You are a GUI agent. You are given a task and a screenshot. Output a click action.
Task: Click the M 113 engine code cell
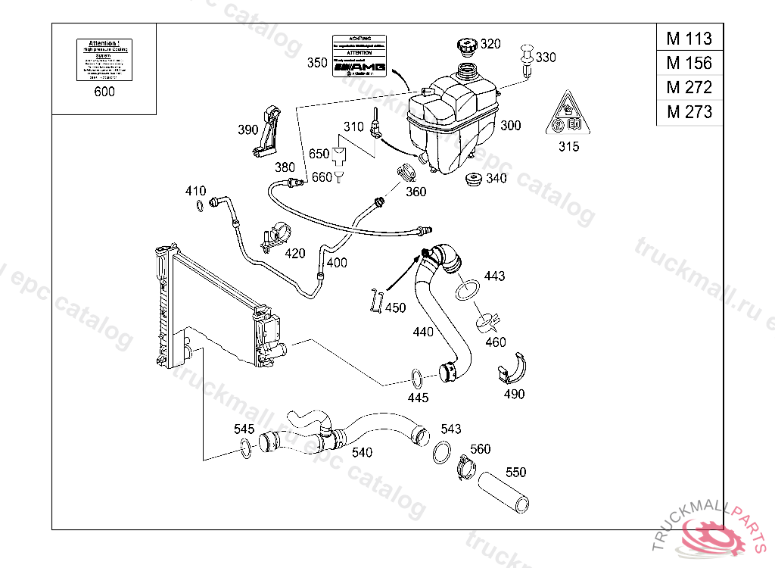click(x=689, y=38)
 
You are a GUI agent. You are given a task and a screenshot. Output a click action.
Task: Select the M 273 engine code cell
click(x=689, y=112)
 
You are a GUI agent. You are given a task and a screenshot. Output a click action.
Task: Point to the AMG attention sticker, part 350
click(x=359, y=57)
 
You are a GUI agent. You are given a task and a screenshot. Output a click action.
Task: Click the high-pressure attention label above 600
click(x=104, y=59)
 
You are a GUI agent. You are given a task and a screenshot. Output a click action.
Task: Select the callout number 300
click(x=511, y=126)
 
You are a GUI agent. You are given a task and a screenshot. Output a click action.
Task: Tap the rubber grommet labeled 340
click(x=474, y=181)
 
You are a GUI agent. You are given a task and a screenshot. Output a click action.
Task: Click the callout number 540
click(x=363, y=453)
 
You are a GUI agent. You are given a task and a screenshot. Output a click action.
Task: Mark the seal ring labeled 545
click(x=246, y=449)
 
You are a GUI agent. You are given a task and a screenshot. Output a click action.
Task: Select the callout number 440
click(x=423, y=332)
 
